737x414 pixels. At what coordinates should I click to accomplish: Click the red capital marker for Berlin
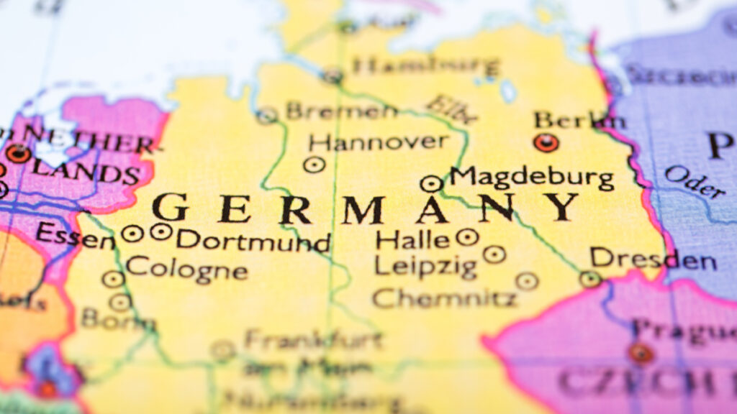546,142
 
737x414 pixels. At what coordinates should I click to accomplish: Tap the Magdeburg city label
532,178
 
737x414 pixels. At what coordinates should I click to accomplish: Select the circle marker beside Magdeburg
430,183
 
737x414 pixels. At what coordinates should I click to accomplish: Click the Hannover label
379,141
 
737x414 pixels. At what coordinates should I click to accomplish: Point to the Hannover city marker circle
314,165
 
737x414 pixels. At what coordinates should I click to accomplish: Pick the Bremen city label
341,111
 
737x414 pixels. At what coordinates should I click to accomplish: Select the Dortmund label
253,239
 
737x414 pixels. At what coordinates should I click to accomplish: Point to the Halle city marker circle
467,236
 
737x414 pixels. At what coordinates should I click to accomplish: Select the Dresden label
653,259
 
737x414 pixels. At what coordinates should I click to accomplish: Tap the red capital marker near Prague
640,353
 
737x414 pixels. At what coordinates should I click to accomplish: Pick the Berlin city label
579,119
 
